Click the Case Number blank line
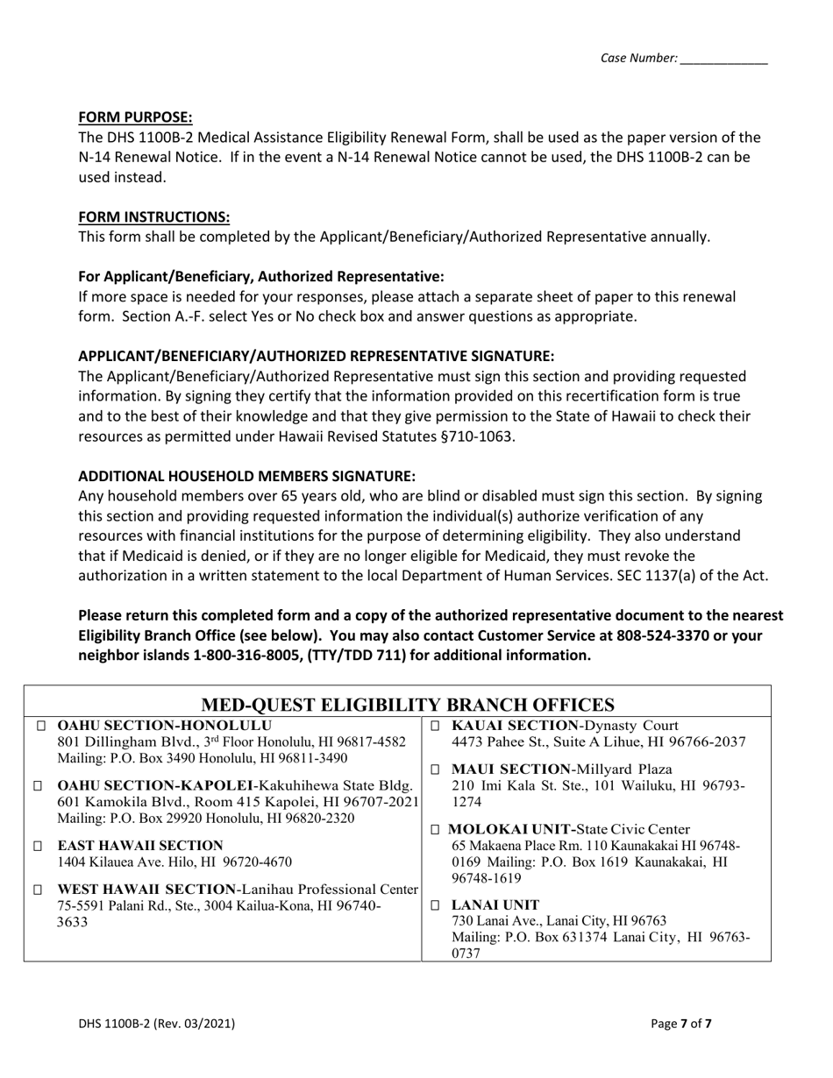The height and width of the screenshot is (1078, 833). [x=723, y=59]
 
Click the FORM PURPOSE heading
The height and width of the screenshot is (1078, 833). [x=135, y=117]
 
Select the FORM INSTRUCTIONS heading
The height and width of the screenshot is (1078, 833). [x=154, y=216]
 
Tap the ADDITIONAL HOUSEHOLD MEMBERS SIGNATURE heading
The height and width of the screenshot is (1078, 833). [x=246, y=476]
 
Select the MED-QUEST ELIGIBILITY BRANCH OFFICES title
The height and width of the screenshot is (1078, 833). [x=408, y=706]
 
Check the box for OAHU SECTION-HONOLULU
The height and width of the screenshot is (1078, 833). [x=41, y=727]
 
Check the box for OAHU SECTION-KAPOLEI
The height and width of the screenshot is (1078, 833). [x=37, y=786]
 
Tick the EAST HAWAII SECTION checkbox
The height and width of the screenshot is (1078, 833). [x=37, y=847]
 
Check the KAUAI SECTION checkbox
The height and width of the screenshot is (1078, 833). [x=436, y=727]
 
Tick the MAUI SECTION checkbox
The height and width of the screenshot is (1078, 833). [x=436, y=769]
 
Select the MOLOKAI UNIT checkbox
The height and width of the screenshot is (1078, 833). [x=436, y=830]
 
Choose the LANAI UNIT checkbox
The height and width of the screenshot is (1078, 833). [x=436, y=905]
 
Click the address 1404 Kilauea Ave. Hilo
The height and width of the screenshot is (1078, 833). [x=174, y=862]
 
